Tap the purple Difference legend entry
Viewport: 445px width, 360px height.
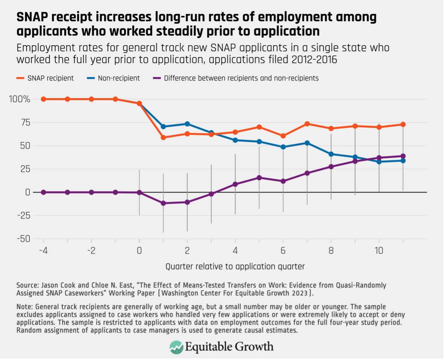(237, 78)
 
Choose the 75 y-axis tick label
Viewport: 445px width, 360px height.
(25, 123)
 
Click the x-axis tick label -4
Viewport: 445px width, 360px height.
(43, 251)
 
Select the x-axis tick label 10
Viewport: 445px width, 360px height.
(379, 251)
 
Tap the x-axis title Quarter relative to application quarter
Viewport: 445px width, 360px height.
(235, 266)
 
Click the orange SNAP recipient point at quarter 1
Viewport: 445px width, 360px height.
(163, 138)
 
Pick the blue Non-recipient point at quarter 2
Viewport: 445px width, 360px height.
(187, 124)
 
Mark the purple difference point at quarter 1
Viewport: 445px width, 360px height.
(163, 203)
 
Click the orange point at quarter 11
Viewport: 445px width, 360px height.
(403, 125)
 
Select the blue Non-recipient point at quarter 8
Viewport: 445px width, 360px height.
(331, 154)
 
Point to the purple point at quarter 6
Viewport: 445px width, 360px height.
(283, 181)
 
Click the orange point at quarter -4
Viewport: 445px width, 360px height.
(43, 99)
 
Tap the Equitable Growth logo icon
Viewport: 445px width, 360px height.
(177, 347)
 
